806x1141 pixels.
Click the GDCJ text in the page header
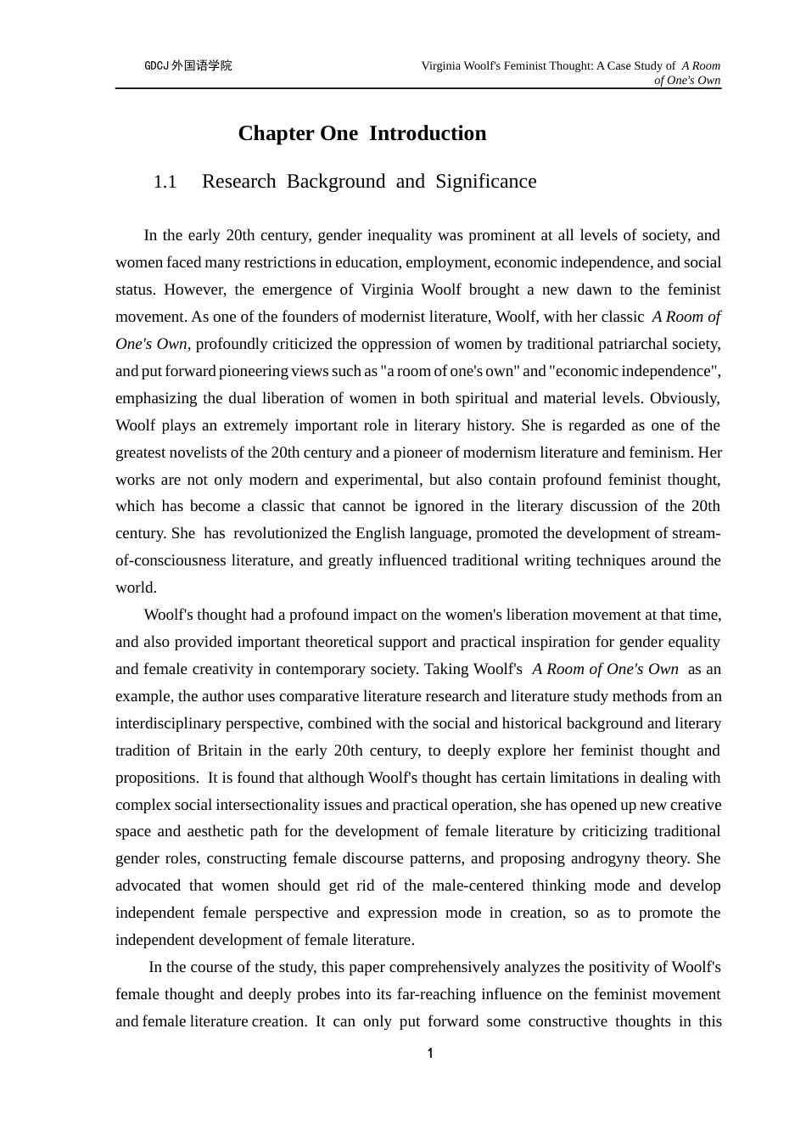pos(156,65)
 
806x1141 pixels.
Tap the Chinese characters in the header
pos(201,65)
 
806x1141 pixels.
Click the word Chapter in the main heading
pos(275,133)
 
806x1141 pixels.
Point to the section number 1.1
pos(165,182)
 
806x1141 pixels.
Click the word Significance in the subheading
pos(486,182)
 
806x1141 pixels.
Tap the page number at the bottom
pos(430,1054)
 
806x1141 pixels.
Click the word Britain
pos(220,750)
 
